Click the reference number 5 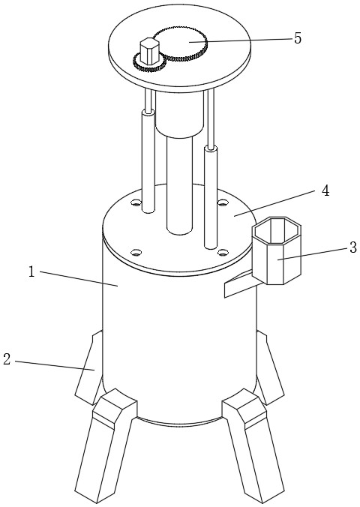click(298, 38)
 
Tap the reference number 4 click(325, 190)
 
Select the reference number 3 click(353, 247)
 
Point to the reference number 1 click(31, 271)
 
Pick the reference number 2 click(7, 359)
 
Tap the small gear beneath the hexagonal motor click(149, 63)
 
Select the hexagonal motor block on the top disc click(150, 51)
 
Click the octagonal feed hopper click(277, 250)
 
